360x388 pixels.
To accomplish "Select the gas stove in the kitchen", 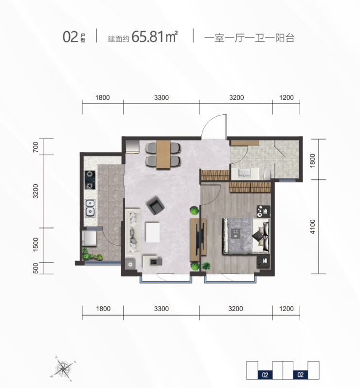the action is (90, 180).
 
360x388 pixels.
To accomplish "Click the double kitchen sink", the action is (90, 208).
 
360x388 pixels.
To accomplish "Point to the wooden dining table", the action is (163, 155).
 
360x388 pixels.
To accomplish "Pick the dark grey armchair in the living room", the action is (156, 206).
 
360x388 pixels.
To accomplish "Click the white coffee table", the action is (153, 232).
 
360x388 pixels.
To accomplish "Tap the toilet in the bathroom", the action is (268, 174).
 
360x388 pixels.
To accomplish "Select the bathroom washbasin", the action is (245, 173).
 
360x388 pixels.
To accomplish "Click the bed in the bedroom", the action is (246, 236).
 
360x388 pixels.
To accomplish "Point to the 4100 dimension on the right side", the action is (312, 227).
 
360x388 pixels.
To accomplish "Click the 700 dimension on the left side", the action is (36, 147).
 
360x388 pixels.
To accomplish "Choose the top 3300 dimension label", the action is (162, 98).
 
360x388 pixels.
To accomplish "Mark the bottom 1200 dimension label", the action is (287, 309).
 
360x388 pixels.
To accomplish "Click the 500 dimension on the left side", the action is (36, 268).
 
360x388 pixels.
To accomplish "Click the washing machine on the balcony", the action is (89, 238).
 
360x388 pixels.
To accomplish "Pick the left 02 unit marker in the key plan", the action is (265, 375).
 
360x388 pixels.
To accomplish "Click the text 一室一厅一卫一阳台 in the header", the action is (250, 38).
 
